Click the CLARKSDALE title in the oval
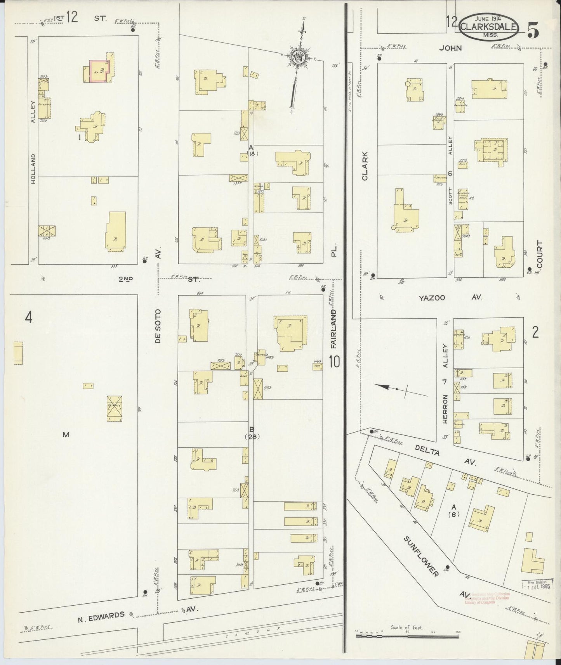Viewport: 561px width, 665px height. coord(489,27)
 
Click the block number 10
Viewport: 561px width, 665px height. coord(334,362)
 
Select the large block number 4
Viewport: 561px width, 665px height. coord(28,318)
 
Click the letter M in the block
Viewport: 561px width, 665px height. coord(66,435)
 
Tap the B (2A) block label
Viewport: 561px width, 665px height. coord(252,433)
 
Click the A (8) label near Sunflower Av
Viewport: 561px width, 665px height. coord(454,511)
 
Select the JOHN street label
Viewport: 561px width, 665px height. coord(450,48)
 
